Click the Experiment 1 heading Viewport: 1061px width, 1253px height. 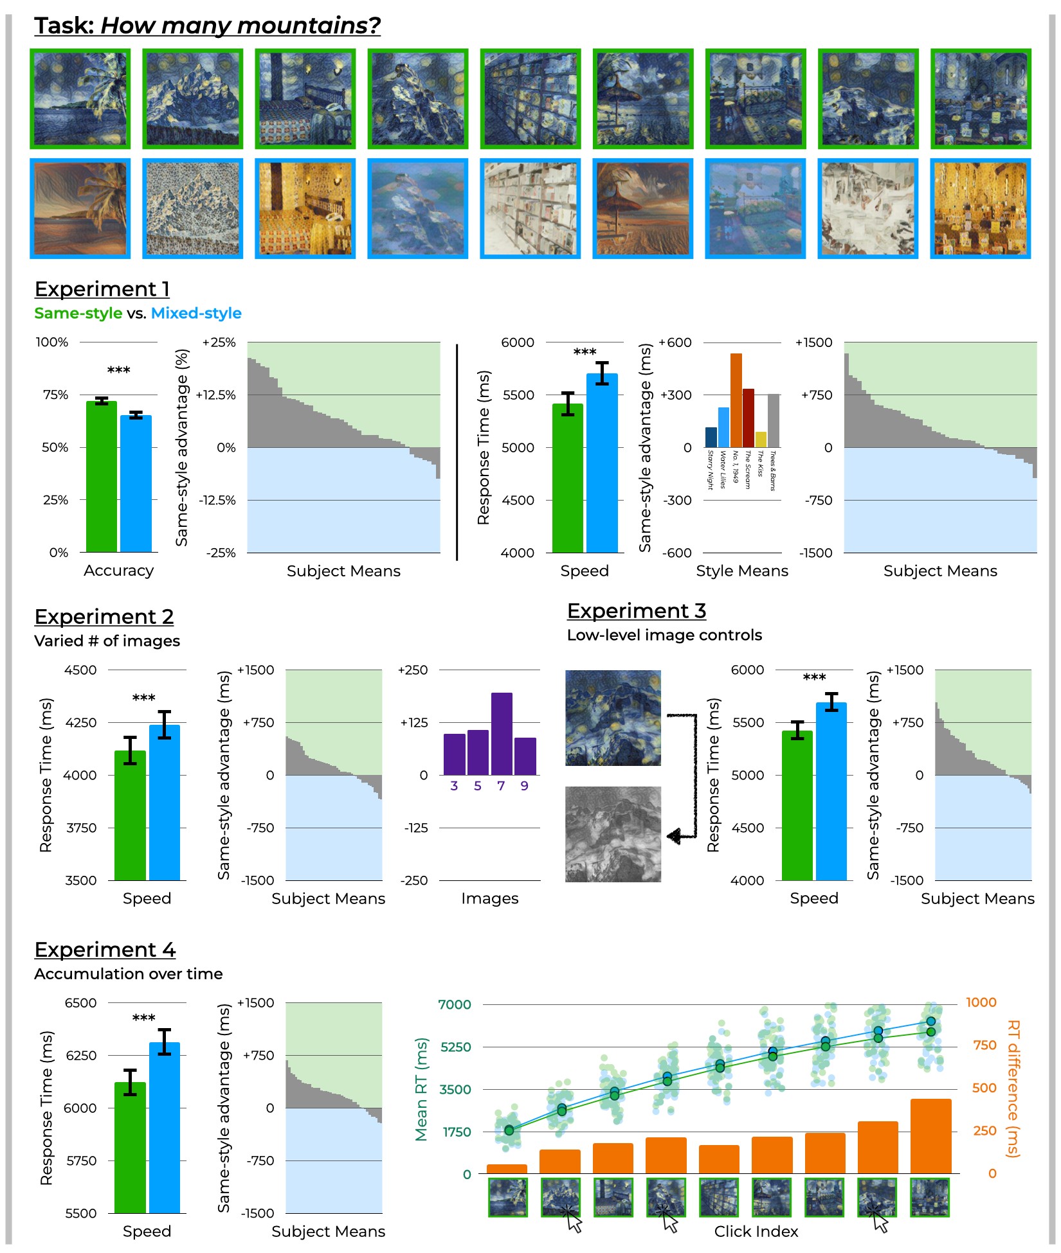pyautogui.click(x=102, y=289)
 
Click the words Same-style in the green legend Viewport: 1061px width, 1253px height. pyautogui.click(x=78, y=314)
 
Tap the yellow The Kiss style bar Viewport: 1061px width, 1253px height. pyautogui.click(x=761, y=440)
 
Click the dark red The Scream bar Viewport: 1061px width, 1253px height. pyautogui.click(x=748, y=418)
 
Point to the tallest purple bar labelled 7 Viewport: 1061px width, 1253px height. pyautogui.click(x=502, y=733)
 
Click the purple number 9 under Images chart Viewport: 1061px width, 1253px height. pyautogui.click(x=525, y=786)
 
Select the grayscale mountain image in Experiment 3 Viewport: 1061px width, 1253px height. pyautogui.click(x=613, y=834)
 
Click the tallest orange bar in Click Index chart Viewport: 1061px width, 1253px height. pyautogui.click(x=930, y=1136)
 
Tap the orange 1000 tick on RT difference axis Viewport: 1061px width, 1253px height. pyautogui.click(x=981, y=1002)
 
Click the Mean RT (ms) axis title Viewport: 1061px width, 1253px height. pyautogui.click(x=422, y=1089)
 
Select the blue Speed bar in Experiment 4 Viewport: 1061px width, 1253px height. pyautogui.click(x=165, y=1128)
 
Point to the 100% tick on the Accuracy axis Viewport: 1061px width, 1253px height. pyautogui.click(x=52, y=342)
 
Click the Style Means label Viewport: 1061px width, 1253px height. pyautogui.click(x=742, y=571)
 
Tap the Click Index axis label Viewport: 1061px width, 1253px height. pyautogui.click(x=756, y=1231)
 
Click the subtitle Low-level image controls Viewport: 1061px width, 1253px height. pyautogui.click(x=664, y=635)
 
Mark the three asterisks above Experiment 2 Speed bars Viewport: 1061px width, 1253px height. pyautogui.click(x=143, y=698)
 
